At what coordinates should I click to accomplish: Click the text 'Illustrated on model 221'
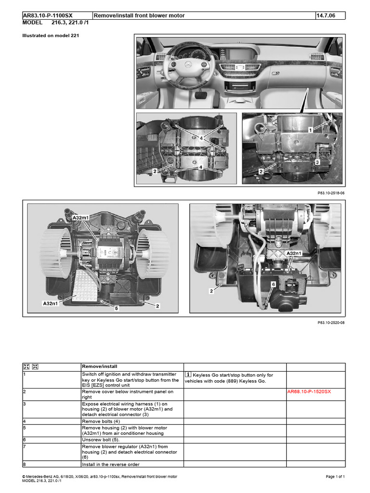tap(51, 36)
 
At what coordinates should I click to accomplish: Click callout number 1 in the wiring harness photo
tap(311, 130)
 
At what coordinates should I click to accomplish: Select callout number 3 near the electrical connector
tap(317, 162)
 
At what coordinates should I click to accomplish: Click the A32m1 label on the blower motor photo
tap(80, 218)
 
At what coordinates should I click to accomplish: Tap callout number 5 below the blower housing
tap(116, 308)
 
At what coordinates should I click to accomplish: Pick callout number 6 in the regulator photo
tap(273, 285)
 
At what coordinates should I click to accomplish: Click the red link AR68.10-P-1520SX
tap(309, 392)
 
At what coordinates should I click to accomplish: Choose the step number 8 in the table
tap(25, 464)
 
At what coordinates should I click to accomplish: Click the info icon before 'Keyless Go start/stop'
tap(188, 375)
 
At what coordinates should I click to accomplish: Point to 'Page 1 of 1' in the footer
tap(335, 476)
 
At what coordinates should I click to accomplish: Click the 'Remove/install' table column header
tap(100, 366)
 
